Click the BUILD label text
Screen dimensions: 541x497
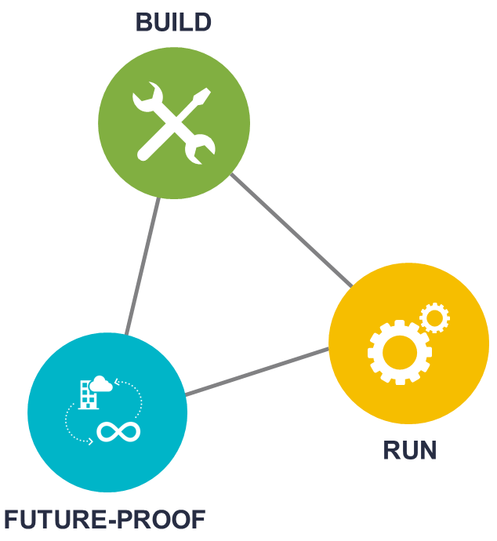click(x=173, y=22)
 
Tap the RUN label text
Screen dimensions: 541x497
click(x=409, y=450)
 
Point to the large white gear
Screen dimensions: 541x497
click(x=399, y=351)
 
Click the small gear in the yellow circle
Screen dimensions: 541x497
click(x=434, y=318)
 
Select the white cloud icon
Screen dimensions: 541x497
click(x=100, y=383)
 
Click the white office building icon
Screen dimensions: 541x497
click(x=88, y=394)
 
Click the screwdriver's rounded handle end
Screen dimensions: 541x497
click(x=144, y=154)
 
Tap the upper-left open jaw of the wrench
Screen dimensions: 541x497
click(x=144, y=98)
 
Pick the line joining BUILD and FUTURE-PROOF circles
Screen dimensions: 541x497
click(x=143, y=266)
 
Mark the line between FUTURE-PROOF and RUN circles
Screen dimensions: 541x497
click(x=257, y=372)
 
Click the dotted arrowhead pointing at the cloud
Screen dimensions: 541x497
click(x=116, y=383)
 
